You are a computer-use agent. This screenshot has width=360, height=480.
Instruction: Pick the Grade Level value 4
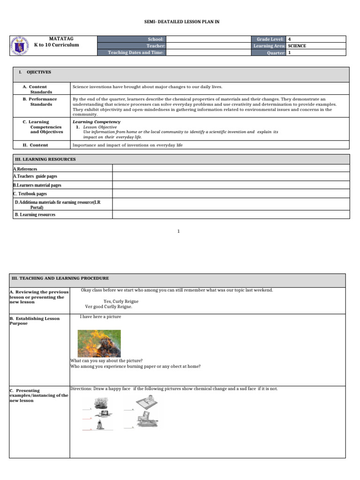pos(289,39)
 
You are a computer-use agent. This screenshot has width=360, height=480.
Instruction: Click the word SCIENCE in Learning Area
pos(297,46)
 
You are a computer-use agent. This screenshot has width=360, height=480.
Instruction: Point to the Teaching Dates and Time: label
pos(136,52)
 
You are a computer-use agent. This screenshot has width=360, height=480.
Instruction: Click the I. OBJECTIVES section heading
pos(35,72)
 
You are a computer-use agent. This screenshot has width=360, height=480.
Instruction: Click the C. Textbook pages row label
pos(30,194)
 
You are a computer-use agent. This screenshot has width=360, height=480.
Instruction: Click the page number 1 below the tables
pos(179,231)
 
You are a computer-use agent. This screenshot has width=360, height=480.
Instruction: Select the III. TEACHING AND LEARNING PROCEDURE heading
pos(60,278)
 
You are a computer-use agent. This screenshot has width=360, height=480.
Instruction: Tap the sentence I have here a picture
pos(100,316)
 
